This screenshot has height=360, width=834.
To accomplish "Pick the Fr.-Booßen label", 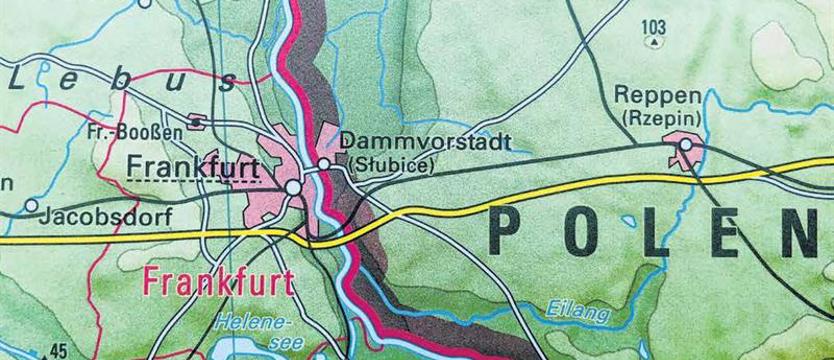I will point(134,131).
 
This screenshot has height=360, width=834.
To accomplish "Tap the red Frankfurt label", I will point(218,283).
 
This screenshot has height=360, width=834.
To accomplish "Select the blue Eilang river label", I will point(577,314).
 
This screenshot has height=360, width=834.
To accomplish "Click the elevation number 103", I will point(654,26).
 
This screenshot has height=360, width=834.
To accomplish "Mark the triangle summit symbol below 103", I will point(654,43).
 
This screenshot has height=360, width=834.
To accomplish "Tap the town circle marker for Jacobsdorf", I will point(31,206).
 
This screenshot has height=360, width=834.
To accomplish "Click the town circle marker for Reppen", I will point(685,146).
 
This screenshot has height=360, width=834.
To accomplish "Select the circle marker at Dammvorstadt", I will point(324,163).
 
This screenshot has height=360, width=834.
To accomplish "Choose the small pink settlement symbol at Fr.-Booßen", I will point(197,122).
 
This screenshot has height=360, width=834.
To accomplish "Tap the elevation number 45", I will point(58,350).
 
